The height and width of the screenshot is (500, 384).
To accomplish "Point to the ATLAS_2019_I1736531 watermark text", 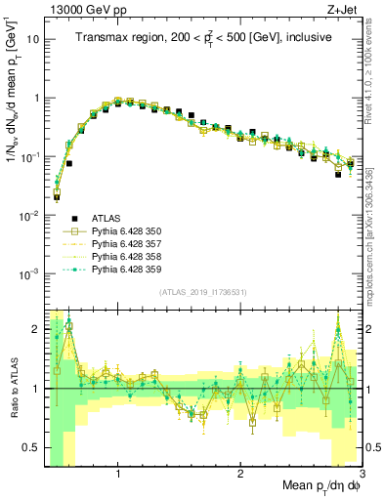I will click(x=203, y=293).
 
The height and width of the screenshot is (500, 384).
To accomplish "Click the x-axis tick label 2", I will click(x=240, y=473).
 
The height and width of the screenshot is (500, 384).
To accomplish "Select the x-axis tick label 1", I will click(x=118, y=473).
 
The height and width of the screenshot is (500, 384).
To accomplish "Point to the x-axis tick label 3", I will click(x=361, y=473).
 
